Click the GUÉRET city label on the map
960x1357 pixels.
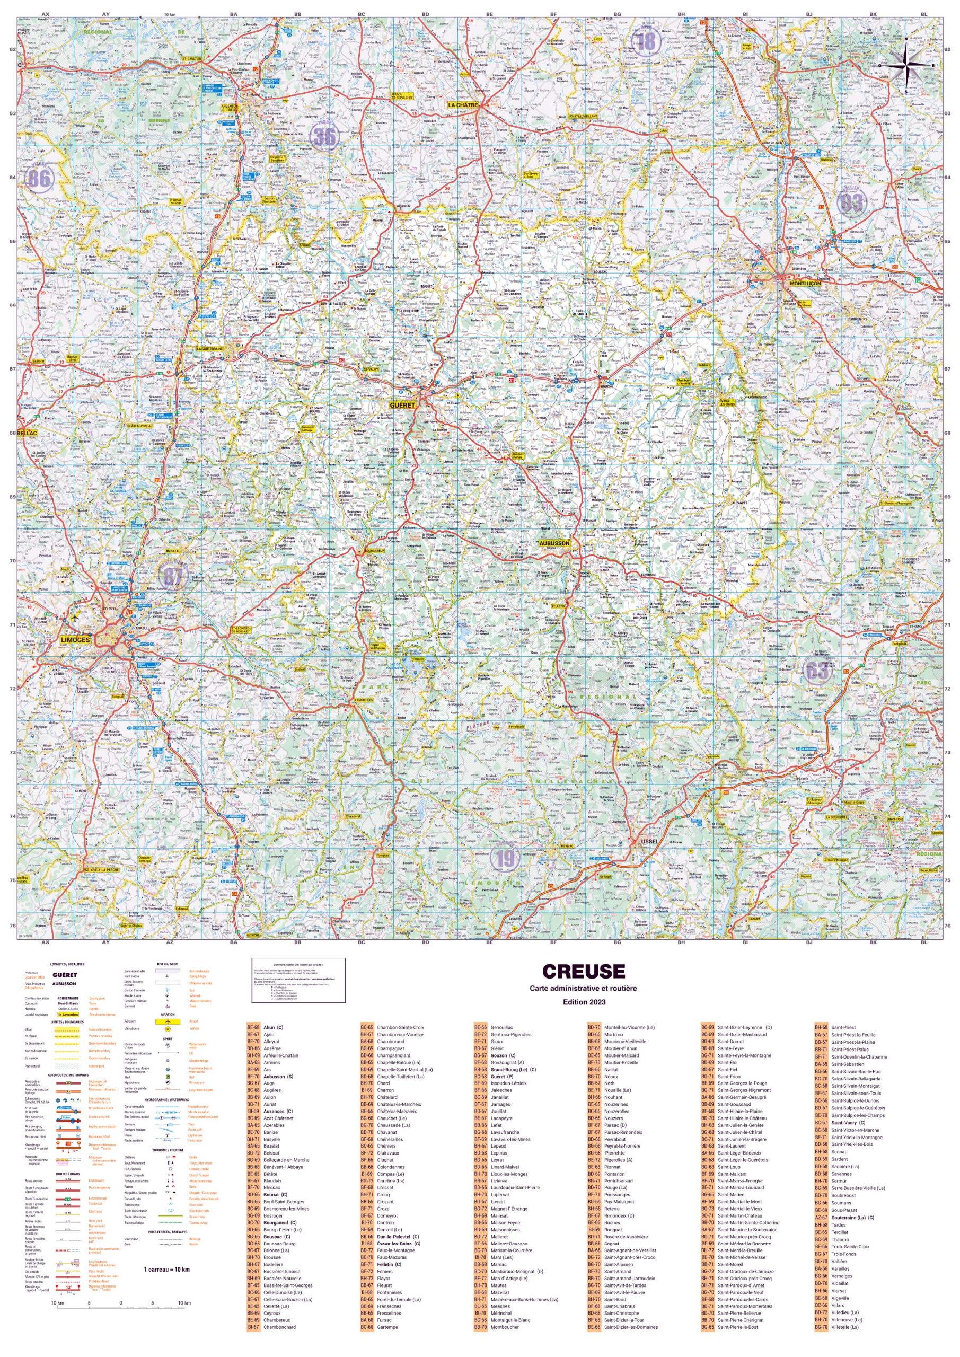(402, 406)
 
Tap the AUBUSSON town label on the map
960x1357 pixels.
(554, 543)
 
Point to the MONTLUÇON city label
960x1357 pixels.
(805, 284)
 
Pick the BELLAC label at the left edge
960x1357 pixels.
(27, 433)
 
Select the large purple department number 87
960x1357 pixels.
(173, 576)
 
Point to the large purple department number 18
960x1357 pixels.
(648, 42)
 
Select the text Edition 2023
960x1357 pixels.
(583, 1002)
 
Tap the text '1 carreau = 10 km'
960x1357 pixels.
(166, 1270)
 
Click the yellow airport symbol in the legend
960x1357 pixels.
(168, 1021)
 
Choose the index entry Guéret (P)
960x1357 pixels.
(501, 1077)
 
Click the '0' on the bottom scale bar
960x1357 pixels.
(120, 1303)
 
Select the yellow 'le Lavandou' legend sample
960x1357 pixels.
(68, 1015)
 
